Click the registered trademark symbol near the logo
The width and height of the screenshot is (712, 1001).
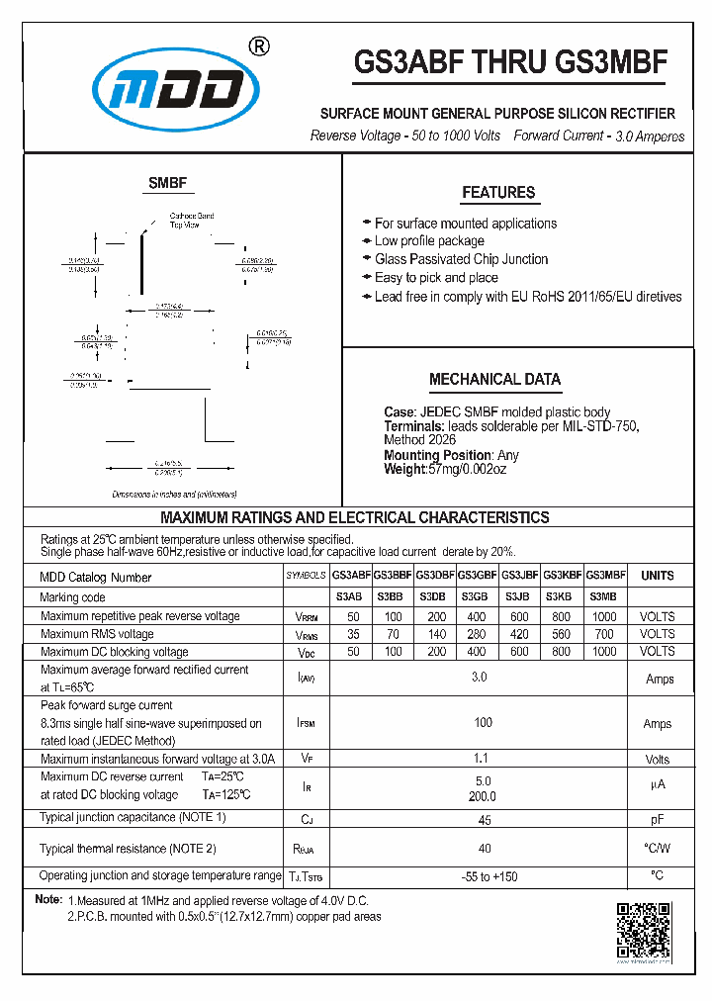tap(257, 47)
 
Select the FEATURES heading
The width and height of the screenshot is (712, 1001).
tap(498, 193)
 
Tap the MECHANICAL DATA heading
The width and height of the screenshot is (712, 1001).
tap(494, 379)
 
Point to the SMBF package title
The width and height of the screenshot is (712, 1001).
tap(167, 183)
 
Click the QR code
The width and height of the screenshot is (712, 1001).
tap(644, 932)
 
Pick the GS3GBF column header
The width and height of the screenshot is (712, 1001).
tap(478, 575)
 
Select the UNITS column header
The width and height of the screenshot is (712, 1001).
tap(657, 575)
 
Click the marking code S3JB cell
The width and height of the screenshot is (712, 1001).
tap(520, 596)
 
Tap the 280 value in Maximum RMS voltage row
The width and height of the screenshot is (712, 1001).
tap(478, 634)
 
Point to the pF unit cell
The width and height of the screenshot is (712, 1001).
tap(657, 819)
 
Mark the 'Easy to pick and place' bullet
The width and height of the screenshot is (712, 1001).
tap(436, 278)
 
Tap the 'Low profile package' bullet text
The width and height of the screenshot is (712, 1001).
tap(429, 241)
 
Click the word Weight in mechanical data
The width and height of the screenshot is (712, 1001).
tap(403, 469)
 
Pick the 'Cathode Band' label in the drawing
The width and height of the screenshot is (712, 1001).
tap(191, 216)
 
